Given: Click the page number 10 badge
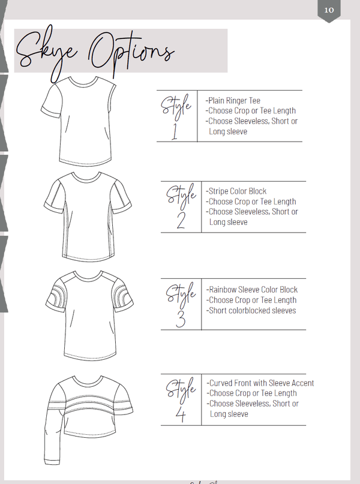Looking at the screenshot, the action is (329, 10).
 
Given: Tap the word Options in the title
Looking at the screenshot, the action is (132, 52).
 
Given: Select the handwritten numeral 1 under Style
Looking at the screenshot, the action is (175, 132).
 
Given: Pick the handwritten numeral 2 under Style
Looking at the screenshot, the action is (181, 221).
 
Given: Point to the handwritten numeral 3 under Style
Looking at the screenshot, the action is (181, 319).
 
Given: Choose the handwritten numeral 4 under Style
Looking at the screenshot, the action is (181, 414).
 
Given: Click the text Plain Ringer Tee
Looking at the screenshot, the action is (233, 101).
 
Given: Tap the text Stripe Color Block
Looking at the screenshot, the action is (236, 191).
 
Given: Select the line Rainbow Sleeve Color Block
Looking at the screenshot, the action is (252, 290).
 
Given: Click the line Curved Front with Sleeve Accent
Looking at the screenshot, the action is (260, 383).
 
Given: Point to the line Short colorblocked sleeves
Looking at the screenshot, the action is (251, 311).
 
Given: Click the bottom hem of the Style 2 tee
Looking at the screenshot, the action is (90, 258).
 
